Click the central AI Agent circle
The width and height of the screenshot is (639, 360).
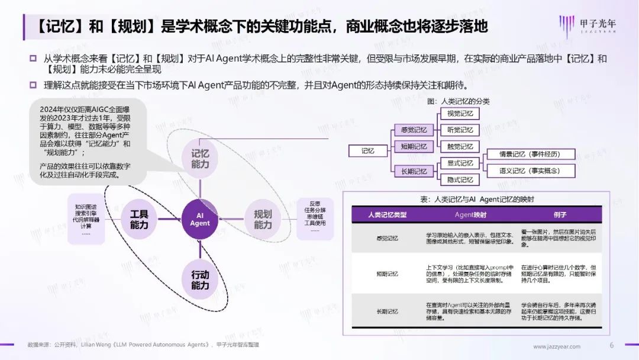point(200,219)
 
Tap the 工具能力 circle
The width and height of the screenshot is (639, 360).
point(139,219)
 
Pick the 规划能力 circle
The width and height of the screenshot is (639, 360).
point(263,219)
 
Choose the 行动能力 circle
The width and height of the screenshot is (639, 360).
point(200,280)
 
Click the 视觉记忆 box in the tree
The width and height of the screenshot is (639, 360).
point(460,114)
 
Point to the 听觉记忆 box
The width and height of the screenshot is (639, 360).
point(460,130)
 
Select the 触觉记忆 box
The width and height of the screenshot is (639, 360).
point(460,147)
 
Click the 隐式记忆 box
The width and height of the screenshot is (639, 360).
point(460,180)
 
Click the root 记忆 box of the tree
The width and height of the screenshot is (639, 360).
point(369,151)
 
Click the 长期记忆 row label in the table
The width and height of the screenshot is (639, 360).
point(388,311)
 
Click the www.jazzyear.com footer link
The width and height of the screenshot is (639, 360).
point(557,346)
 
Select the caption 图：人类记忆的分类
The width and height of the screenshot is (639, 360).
point(461,101)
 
